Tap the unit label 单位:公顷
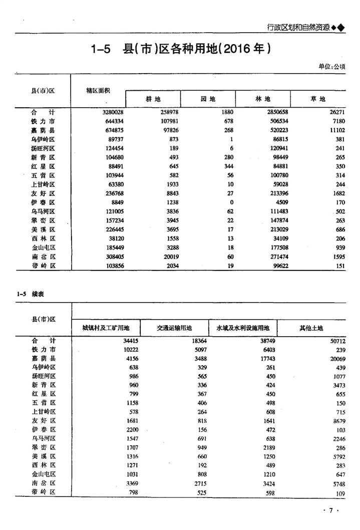[x=331, y=67]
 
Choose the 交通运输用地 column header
[x=174, y=328]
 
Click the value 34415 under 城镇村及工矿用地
[x=127, y=340]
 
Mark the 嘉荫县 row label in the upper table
[x=43, y=130]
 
